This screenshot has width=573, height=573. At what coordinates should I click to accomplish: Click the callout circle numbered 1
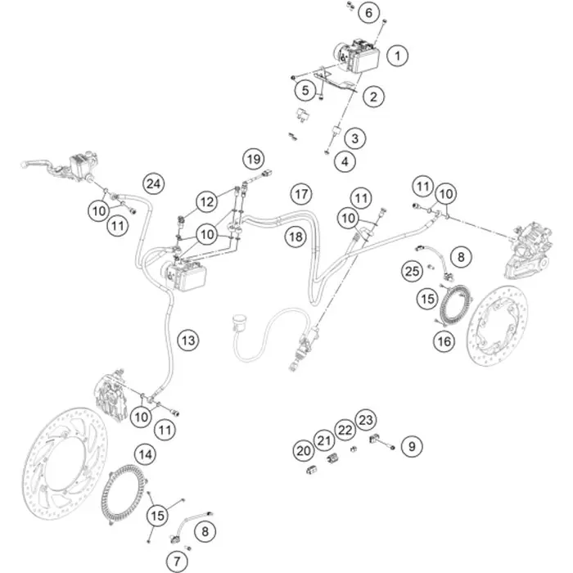pyautogui.click(x=397, y=56)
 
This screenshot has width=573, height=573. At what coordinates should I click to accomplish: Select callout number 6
pyautogui.click(x=368, y=13)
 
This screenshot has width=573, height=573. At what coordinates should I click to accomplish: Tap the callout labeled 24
pyautogui.click(x=154, y=184)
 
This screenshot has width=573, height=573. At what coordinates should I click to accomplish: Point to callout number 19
pyautogui.click(x=254, y=159)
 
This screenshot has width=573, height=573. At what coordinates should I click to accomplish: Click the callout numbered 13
pyautogui.click(x=188, y=341)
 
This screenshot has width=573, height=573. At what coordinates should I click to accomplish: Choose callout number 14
pyautogui.click(x=146, y=454)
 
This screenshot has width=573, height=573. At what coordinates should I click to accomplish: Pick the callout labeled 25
pyautogui.click(x=413, y=271)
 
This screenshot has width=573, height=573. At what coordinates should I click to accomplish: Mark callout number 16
pyautogui.click(x=444, y=341)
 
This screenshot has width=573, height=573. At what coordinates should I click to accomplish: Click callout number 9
pyautogui.click(x=412, y=446)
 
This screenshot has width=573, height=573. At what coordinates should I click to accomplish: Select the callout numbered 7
pyautogui.click(x=177, y=561)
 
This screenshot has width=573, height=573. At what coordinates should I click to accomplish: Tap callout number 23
pyautogui.click(x=366, y=420)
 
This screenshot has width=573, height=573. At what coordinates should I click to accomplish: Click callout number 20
pyautogui.click(x=304, y=451)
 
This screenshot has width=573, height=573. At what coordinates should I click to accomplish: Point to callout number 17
pyautogui.click(x=301, y=194)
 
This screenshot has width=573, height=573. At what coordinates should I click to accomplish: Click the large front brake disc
pyautogui.click(x=65, y=463)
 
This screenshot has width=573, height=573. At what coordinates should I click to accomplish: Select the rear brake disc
pyautogui.click(x=498, y=326)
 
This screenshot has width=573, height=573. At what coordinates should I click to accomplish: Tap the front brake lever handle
pyautogui.click(x=37, y=164)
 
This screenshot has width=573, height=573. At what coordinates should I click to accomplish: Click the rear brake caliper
pyautogui.click(x=528, y=249)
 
